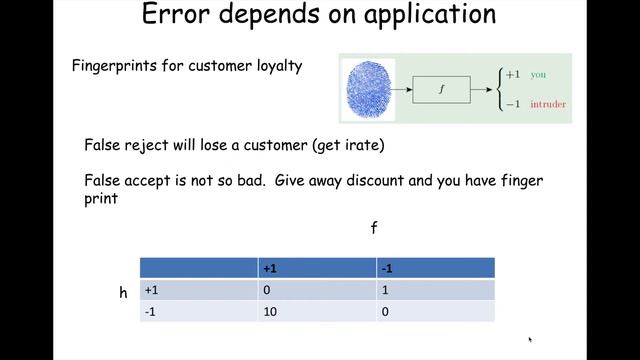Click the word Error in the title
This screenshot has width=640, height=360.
click(177, 15)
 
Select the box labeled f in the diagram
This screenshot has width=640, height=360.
click(441, 89)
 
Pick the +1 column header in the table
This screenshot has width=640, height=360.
click(270, 268)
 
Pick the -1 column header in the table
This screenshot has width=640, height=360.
click(387, 268)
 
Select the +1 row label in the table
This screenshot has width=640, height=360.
click(153, 290)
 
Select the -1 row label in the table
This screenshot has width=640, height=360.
click(151, 312)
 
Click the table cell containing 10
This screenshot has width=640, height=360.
click(270, 312)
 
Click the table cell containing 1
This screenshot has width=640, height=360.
click(386, 290)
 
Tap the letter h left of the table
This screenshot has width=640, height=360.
click(123, 292)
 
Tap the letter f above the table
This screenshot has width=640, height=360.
click(374, 228)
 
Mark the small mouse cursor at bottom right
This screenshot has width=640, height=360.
click(530, 340)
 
